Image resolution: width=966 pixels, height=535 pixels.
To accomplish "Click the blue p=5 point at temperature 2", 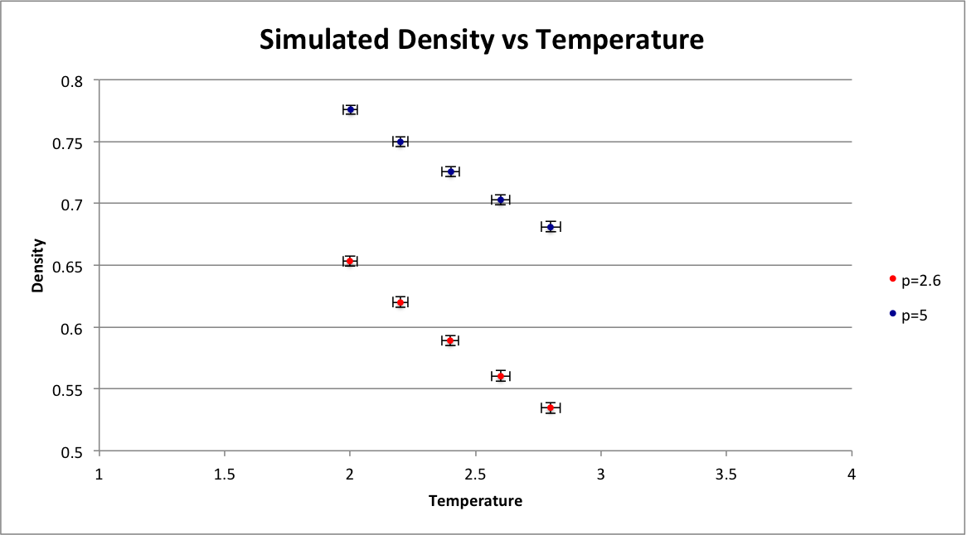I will [x=350, y=109].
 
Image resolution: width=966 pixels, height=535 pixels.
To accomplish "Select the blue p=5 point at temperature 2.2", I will [x=400, y=142].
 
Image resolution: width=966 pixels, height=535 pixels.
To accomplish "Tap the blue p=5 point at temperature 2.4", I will [x=450, y=171].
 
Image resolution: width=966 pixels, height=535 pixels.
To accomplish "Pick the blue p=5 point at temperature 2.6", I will [x=500, y=200].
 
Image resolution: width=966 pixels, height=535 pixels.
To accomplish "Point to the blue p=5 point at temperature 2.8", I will [x=551, y=227].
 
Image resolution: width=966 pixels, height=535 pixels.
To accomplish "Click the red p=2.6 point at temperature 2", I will [x=350, y=262].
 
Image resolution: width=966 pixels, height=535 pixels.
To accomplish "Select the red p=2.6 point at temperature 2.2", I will [x=400, y=302].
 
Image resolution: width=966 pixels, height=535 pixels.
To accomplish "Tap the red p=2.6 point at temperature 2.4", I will [x=450, y=340].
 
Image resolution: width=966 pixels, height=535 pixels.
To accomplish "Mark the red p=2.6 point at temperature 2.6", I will [x=500, y=376].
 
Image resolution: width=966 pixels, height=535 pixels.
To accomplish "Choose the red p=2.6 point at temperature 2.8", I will [x=551, y=407].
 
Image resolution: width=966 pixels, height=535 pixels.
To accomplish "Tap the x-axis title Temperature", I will [x=475, y=501].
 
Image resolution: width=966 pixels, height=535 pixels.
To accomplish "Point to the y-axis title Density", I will [x=38, y=266].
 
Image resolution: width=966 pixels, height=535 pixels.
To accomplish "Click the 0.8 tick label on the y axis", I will [x=73, y=81].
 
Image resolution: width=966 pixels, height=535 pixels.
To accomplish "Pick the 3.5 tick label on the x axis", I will [x=726, y=475].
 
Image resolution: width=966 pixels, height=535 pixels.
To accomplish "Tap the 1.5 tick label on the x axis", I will [x=225, y=475].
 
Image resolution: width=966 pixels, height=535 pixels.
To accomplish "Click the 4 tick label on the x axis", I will [x=852, y=475].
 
